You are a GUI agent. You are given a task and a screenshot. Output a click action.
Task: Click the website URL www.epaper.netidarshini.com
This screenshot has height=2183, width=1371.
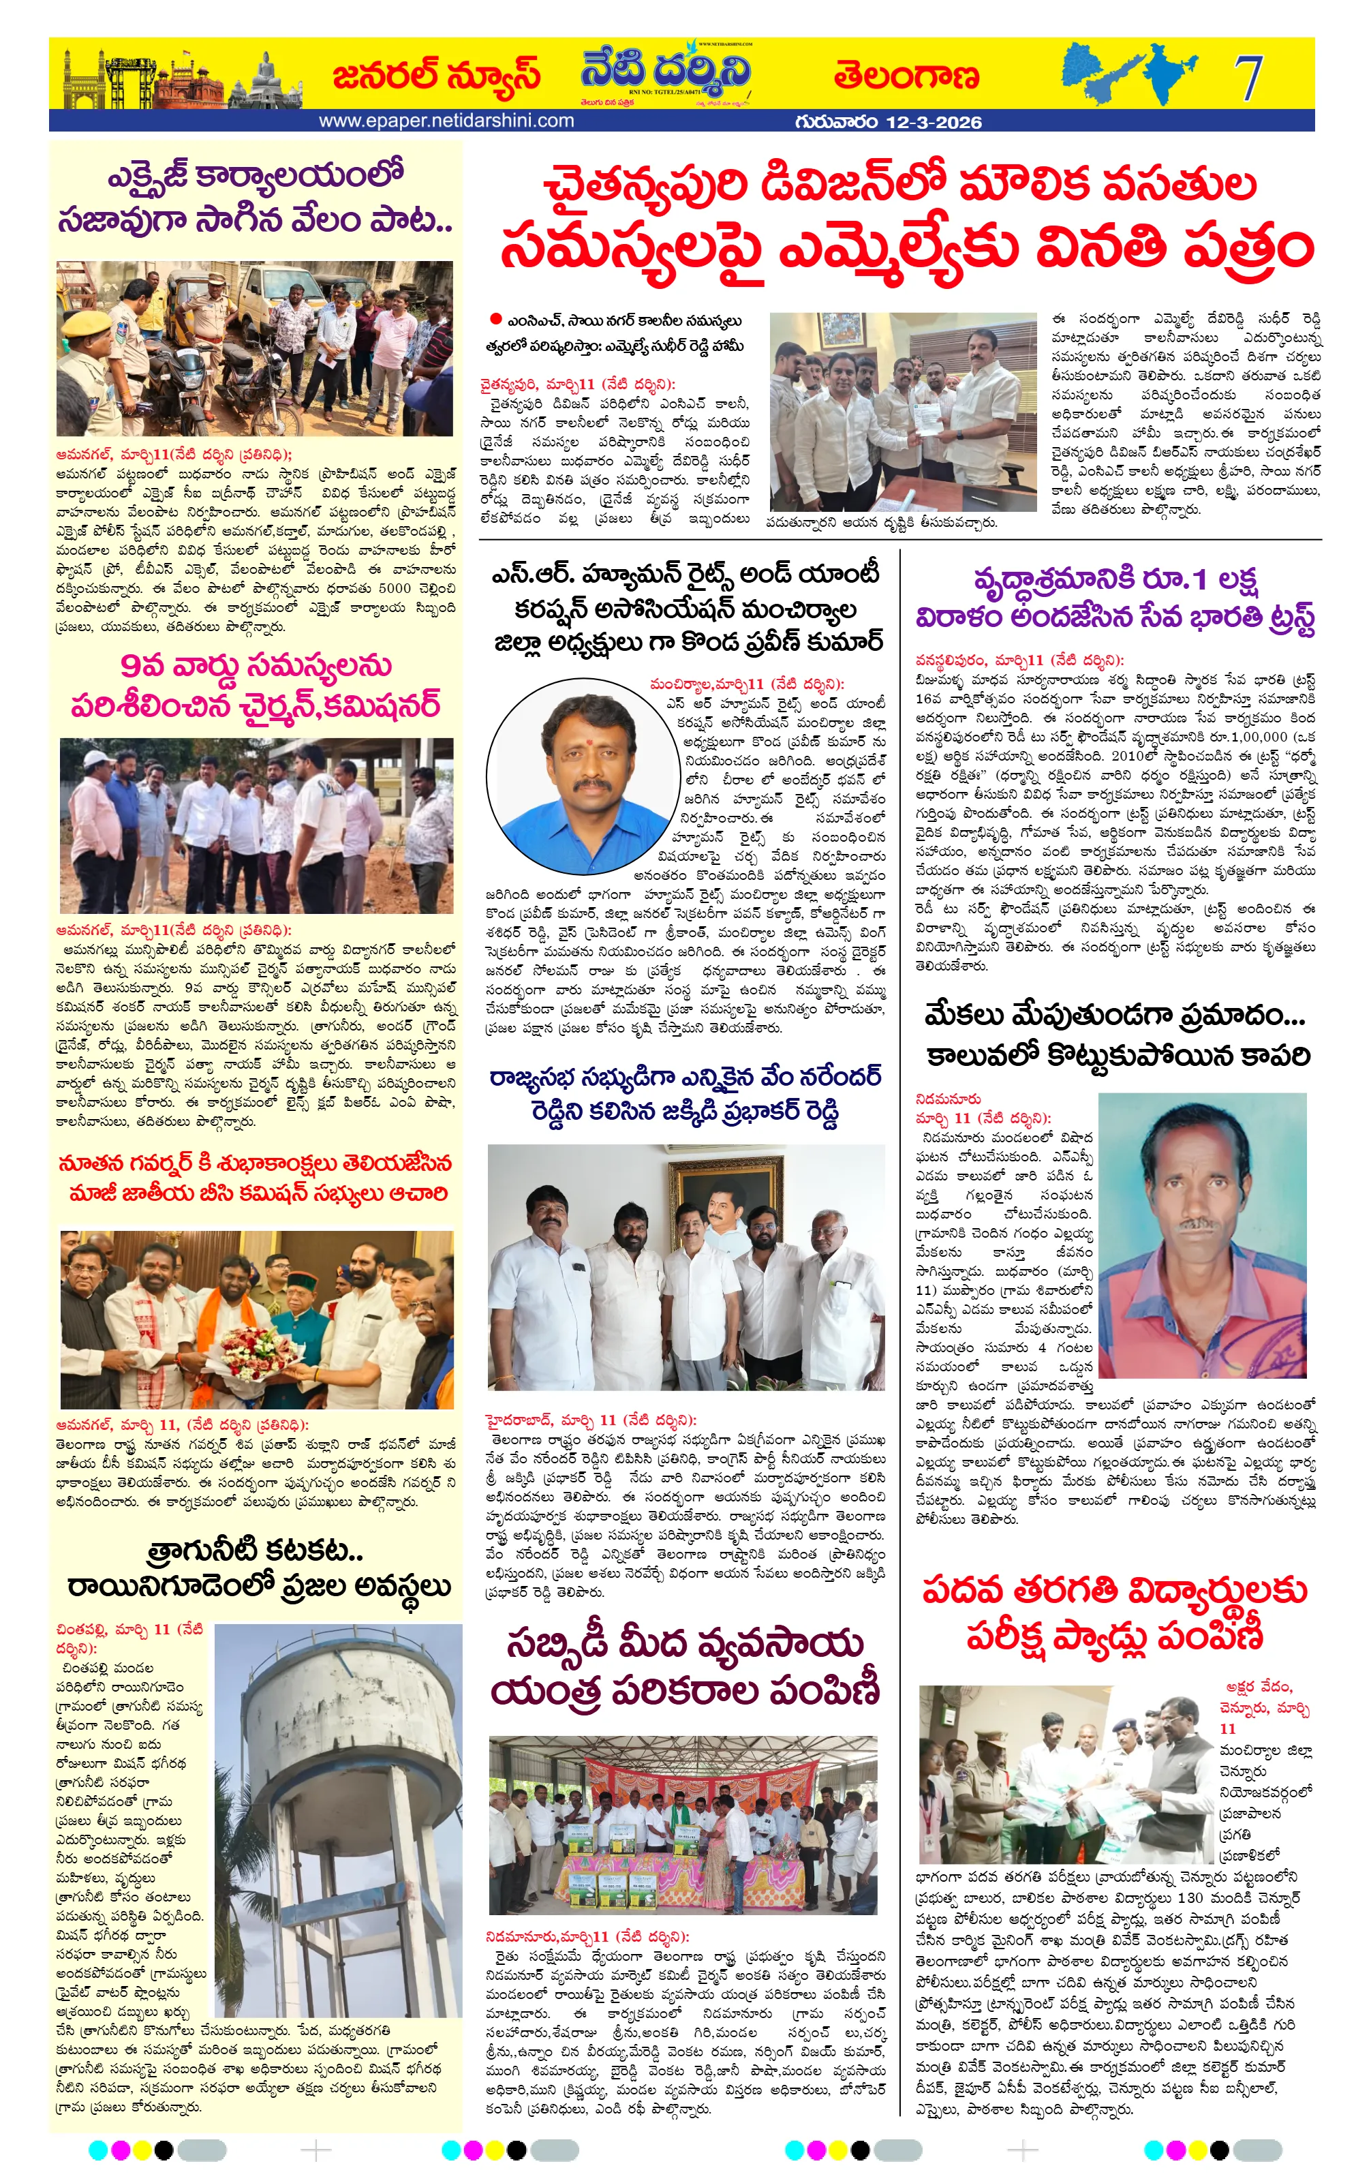pos(446,121)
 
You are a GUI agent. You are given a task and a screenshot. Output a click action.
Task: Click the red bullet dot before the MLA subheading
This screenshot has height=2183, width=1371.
pos(495,319)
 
